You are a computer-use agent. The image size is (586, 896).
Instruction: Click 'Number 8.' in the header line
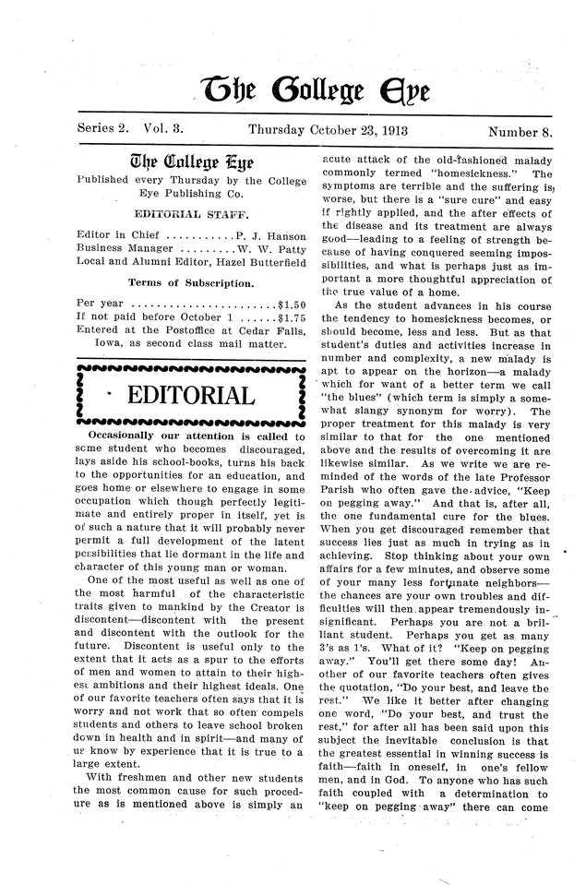pos(520,131)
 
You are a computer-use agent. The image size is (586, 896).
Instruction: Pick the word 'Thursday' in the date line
pos(280,131)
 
